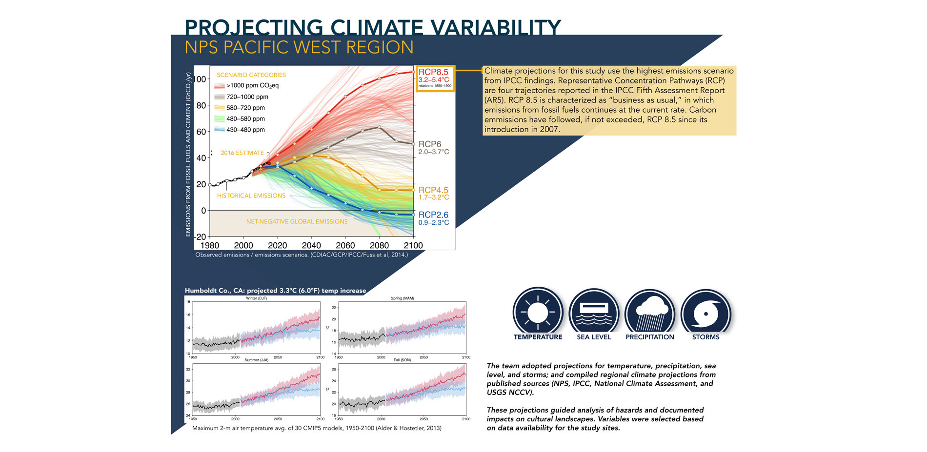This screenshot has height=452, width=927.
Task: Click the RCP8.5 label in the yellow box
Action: (x=433, y=72)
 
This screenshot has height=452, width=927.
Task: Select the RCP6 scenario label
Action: (x=429, y=144)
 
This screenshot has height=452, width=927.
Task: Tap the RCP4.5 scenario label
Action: (x=433, y=190)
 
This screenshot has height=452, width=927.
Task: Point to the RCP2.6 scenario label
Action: (x=433, y=215)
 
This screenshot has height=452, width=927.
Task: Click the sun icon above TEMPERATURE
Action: (x=538, y=312)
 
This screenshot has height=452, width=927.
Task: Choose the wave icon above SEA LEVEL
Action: (x=593, y=313)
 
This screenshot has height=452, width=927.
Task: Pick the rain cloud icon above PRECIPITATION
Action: (x=649, y=313)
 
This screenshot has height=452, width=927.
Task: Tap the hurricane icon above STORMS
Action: (x=705, y=313)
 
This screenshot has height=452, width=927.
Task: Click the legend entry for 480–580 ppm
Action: (x=245, y=119)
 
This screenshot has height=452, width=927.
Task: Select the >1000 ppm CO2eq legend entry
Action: (x=252, y=86)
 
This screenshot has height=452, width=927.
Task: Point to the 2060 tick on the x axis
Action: (x=345, y=245)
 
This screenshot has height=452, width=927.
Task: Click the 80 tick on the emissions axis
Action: (x=201, y=105)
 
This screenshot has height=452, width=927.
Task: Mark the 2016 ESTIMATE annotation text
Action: (x=242, y=153)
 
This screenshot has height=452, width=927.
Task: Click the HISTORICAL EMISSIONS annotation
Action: (x=251, y=196)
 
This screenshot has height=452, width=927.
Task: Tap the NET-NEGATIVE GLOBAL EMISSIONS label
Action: (x=297, y=221)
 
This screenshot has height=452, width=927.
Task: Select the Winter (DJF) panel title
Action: (x=256, y=298)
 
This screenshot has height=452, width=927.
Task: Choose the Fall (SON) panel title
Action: (x=402, y=360)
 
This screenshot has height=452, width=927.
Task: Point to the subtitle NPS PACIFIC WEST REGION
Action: (x=299, y=48)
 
